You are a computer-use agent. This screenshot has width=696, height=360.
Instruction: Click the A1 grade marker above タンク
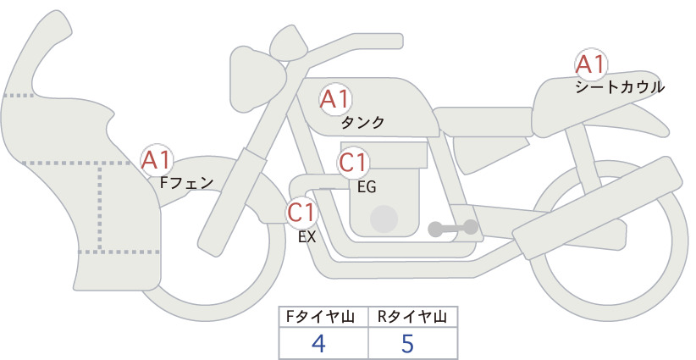point(335,100)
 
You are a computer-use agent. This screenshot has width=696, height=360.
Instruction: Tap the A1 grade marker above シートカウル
point(591,64)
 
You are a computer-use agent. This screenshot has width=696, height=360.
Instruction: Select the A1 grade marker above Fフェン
point(157,160)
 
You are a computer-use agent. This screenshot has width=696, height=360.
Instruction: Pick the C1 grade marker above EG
point(353,163)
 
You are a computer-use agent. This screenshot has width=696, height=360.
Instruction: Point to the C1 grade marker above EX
point(301,213)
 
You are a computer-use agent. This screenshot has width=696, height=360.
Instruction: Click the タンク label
point(362,123)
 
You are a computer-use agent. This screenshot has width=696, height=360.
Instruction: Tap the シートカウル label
point(620,87)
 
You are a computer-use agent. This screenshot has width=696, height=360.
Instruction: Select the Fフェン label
point(186,183)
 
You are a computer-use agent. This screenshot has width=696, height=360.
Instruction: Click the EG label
point(367,187)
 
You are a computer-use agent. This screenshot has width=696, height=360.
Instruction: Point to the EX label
point(307,237)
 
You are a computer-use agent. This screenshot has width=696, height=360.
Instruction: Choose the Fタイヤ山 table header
point(320,317)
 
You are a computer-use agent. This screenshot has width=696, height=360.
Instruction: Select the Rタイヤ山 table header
point(412,317)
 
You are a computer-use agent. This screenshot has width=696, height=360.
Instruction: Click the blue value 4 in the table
point(318,344)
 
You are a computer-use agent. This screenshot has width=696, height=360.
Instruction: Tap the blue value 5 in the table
point(407,344)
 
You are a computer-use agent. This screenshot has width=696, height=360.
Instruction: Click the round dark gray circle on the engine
point(384,219)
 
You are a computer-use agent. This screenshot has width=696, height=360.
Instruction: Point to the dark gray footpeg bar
point(453,228)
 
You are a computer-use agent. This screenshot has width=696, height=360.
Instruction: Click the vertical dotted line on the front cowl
point(100,207)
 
